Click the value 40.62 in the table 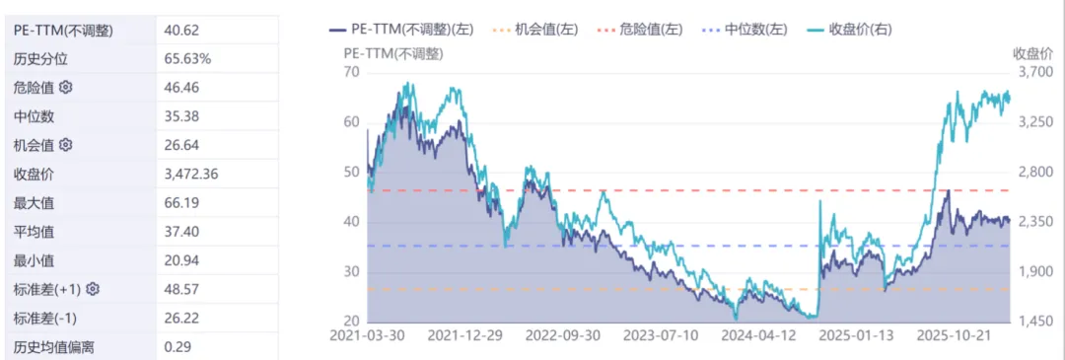(179, 31)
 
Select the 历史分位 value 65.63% (187, 59)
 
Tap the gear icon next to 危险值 (66, 88)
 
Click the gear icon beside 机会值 (66, 145)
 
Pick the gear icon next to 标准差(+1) (93, 289)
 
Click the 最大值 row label (34, 203)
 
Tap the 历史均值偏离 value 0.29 (177, 346)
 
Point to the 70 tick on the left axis (351, 72)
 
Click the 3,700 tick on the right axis (1034, 72)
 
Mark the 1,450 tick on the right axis (1034, 322)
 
